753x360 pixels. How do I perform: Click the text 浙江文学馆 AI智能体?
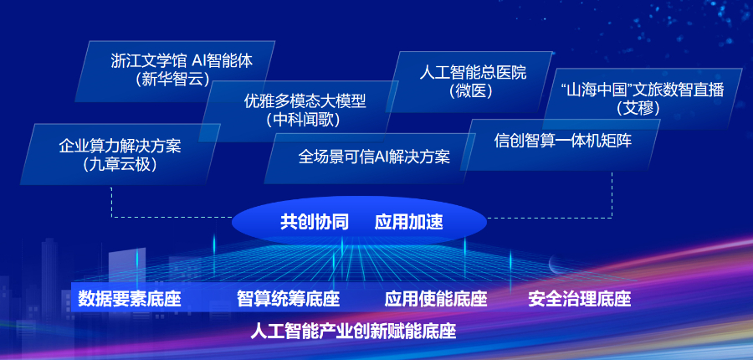tap(182, 61)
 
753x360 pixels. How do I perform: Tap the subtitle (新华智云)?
tap(173, 79)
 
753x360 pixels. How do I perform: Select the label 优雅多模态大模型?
tap(305, 101)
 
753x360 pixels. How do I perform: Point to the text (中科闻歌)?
tap(303, 120)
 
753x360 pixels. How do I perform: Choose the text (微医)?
tap(471, 90)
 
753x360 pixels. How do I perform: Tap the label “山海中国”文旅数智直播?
tap(642, 90)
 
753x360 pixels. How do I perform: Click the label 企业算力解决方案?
tap(120, 146)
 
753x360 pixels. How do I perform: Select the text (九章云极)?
tap(120, 164)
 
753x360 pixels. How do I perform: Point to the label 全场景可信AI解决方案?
tap(374, 157)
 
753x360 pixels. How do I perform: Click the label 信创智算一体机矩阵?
tap(563, 141)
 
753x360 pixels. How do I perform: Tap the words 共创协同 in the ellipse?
tap(315, 223)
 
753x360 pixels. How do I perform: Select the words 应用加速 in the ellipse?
tap(408, 223)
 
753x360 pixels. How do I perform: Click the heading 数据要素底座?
tap(130, 299)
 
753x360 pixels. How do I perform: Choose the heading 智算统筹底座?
tap(288, 299)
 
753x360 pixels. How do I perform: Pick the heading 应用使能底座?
tap(436, 299)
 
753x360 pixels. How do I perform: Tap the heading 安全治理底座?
tap(579, 299)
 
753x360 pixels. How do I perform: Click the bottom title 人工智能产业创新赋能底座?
tap(353, 332)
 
